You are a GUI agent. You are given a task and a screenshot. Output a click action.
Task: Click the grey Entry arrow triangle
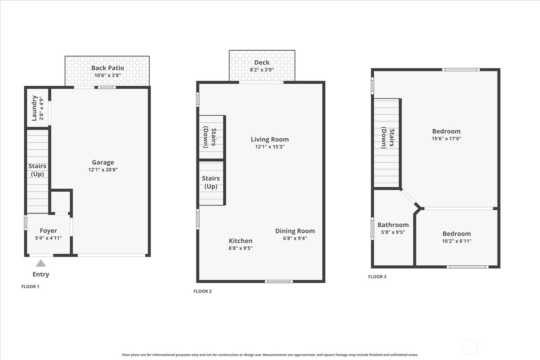coord(41,263)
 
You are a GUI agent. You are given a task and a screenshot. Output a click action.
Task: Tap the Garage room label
coord(103,162)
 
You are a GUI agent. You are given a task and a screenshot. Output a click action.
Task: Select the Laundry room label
coord(34,108)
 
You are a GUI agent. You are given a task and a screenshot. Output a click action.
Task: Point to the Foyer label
coord(48,231)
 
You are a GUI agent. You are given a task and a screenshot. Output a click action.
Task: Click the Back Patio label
coord(108,68)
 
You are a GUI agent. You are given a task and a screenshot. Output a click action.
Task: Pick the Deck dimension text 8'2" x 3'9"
coord(262,70)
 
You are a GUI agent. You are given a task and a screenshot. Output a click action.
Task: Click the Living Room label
coord(270,139)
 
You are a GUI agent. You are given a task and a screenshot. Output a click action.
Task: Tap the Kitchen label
coord(241,241)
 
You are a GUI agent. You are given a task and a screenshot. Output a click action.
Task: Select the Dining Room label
coord(295,231)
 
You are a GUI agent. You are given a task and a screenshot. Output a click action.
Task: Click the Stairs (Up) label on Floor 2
coord(211,182)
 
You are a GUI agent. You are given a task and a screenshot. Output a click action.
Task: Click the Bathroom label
coord(393,225)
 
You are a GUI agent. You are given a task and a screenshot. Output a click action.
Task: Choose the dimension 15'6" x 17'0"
coord(446,139)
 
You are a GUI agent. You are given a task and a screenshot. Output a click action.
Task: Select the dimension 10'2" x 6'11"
coord(457,241)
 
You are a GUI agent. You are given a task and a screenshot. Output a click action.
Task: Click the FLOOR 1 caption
coord(30,286)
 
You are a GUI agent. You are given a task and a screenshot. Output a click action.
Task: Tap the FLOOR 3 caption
coord(377,277)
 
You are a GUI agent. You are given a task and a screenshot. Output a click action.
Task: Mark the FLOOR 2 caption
coord(202,291)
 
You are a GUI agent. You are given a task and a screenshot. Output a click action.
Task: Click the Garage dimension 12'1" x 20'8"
coord(103,170)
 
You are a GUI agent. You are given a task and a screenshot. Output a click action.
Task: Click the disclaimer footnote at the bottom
coord(270,355)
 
